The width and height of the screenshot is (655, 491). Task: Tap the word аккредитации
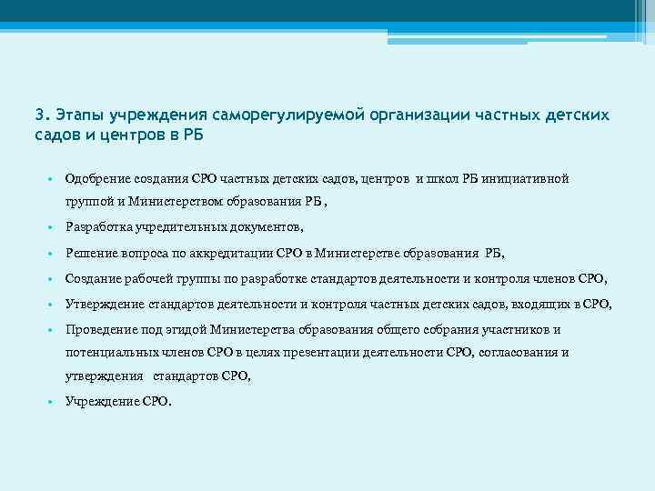point(239,253)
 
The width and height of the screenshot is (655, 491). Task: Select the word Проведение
point(101,329)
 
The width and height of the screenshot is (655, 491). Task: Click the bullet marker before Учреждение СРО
point(55,401)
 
